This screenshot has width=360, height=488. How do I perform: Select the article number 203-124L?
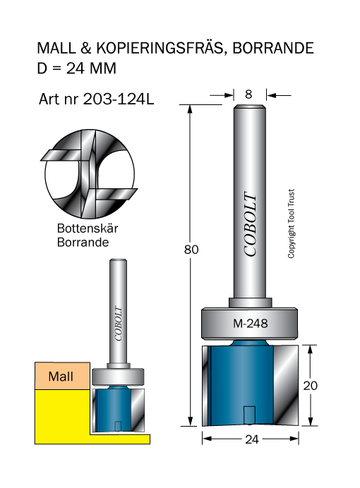point(119,99)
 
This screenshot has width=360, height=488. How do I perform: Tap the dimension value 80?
point(191,250)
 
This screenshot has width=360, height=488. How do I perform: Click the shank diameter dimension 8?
point(248,94)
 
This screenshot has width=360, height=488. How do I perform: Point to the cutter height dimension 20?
point(310,386)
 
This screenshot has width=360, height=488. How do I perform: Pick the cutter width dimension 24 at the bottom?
point(252,439)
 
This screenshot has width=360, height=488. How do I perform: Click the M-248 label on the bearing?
point(251,324)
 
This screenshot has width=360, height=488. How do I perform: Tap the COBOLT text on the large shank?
point(250,224)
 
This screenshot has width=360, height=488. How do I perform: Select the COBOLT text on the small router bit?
point(118,324)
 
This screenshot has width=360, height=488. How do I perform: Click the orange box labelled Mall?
point(62,376)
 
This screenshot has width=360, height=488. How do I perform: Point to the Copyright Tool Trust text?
point(291,224)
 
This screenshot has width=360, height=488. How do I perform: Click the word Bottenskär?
point(88,228)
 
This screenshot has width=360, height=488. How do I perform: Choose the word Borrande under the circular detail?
point(83,242)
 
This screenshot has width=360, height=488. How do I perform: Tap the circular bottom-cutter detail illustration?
point(90,173)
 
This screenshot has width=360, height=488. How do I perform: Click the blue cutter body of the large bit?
point(242,384)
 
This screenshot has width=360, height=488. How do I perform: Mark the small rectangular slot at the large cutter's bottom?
point(249,414)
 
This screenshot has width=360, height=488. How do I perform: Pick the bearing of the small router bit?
point(118,377)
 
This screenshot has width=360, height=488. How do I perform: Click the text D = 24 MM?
point(77,68)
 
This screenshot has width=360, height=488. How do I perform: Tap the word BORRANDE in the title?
point(272,48)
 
